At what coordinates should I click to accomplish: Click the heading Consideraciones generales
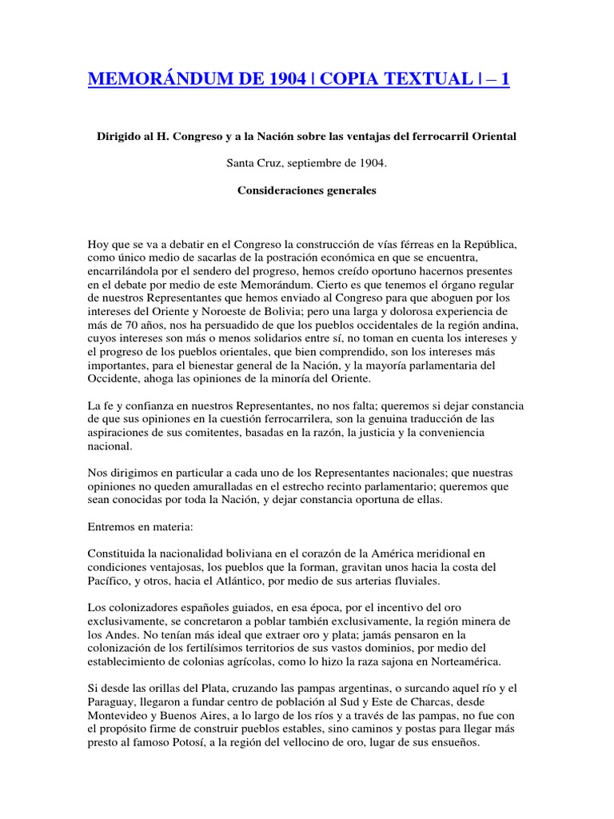pos(306,191)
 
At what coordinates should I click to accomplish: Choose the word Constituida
pos(118,553)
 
